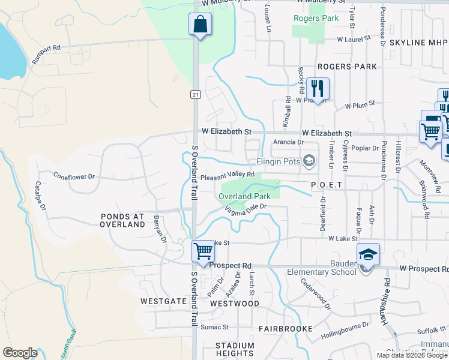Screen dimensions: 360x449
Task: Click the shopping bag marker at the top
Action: [200, 25]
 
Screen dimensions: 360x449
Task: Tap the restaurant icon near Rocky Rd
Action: [316, 89]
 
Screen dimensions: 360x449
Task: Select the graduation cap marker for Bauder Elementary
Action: [367, 254]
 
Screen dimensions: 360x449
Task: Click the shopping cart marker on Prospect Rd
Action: [204, 252]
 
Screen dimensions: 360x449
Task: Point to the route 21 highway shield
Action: [196, 95]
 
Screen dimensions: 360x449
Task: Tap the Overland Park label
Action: [244, 196]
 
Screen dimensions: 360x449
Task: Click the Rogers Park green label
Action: [316, 18]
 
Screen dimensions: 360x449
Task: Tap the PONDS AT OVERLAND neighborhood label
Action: [122, 220]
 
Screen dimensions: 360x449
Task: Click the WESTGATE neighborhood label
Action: [164, 301]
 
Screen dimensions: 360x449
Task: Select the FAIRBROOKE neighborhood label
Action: [286, 329]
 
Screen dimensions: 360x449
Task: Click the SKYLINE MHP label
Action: [418, 43]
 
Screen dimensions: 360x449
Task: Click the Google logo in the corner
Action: [20, 353]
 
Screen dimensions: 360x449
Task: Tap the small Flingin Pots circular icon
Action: [309, 160]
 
